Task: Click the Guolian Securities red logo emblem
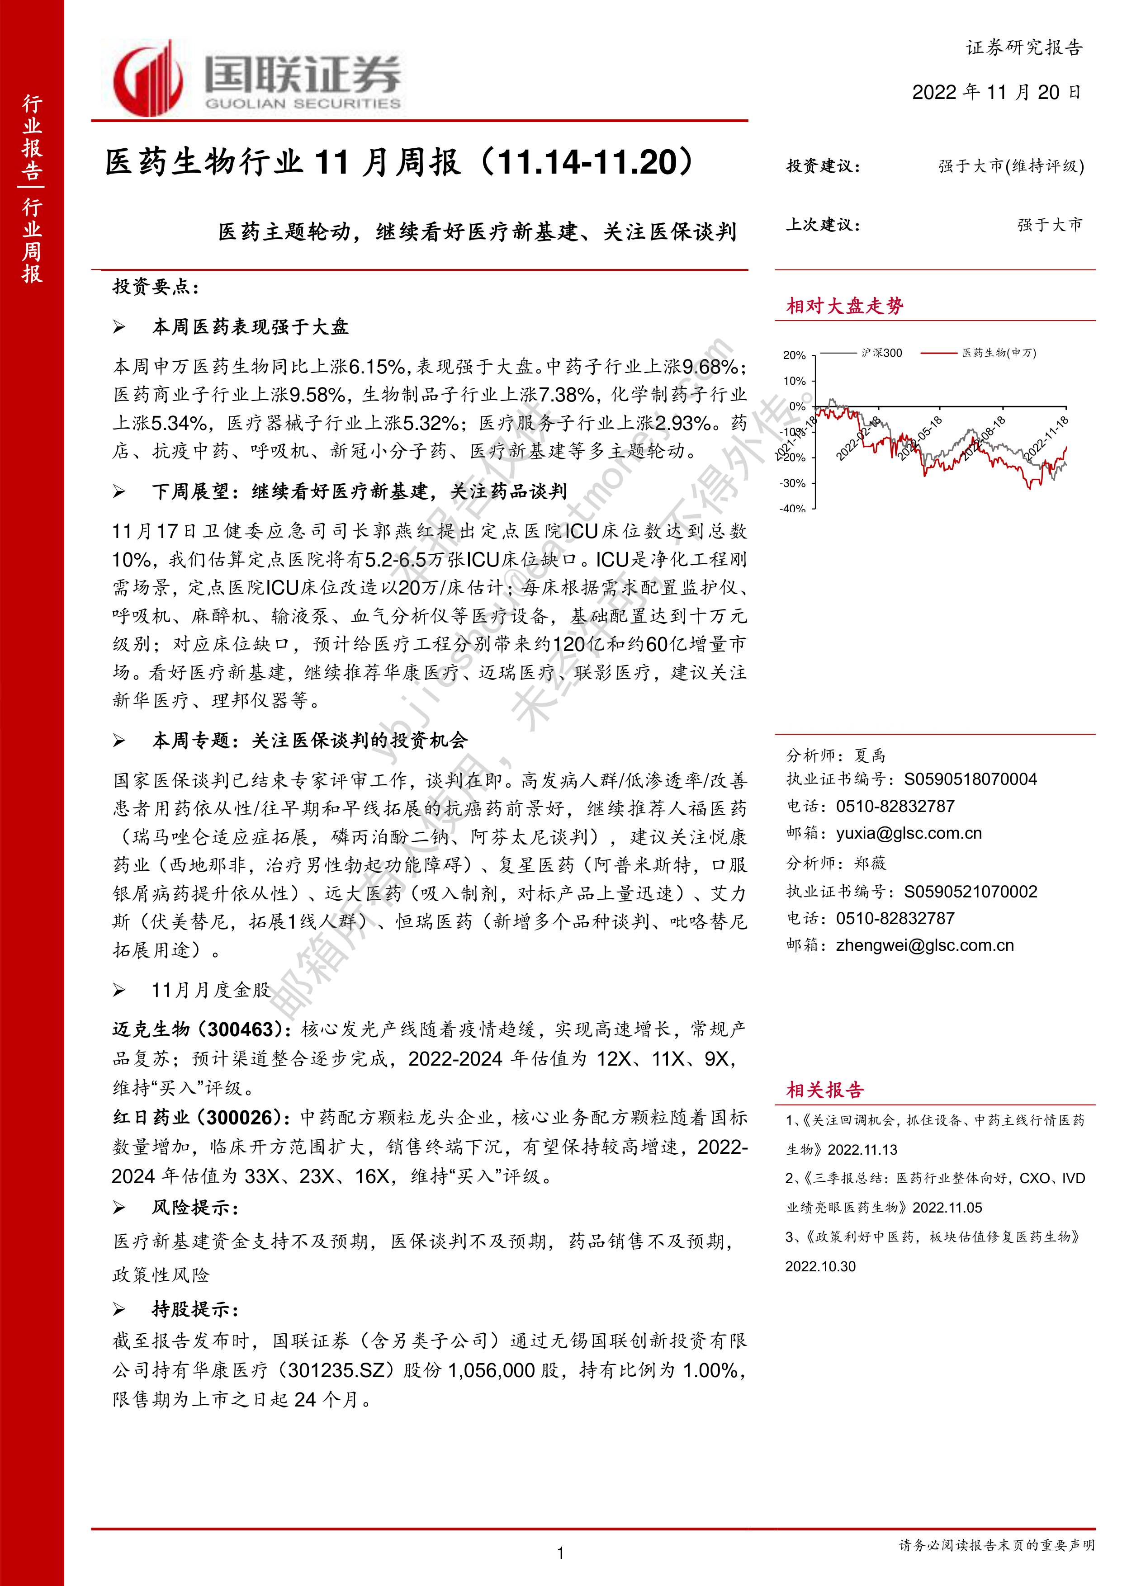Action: pos(147,78)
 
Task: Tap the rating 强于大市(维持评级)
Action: pos(1011,166)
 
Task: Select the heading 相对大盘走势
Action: pos(844,306)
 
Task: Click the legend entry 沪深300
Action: pos(881,353)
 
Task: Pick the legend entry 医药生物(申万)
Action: pos(999,353)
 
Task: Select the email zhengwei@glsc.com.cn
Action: pos(924,946)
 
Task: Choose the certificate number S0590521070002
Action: pos(970,892)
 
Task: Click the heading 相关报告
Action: pos(825,1090)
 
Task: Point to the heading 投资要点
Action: pos(156,287)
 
